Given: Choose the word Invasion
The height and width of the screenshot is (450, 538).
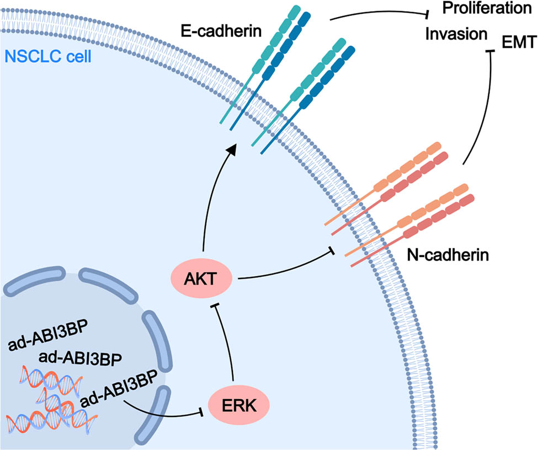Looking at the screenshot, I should tap(456, 34).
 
